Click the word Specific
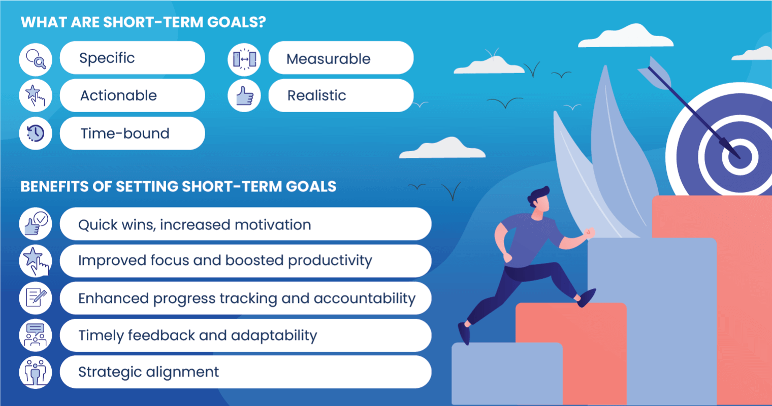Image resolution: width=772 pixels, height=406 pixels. pos(107,58)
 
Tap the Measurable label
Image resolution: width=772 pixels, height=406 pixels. pos(328,59)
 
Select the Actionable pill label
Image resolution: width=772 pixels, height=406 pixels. pos(118,95)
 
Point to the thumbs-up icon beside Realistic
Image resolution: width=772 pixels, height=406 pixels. pos(244,95)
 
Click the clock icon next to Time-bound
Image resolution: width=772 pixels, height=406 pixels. pos(36,133)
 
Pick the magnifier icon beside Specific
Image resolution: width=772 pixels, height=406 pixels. pos(36,59)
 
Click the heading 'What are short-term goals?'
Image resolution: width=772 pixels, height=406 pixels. pos(143,22)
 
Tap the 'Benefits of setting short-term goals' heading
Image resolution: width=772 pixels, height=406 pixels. pos(178,186)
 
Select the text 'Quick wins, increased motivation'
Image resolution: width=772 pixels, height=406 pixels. pos(195,224)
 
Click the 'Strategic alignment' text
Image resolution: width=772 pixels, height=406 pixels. pos(148,372)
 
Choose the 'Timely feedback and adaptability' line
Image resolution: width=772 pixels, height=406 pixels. pos(198,335)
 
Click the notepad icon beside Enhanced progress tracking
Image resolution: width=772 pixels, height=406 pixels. pos(36,297)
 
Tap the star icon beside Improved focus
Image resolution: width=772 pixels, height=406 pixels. pos(36,260)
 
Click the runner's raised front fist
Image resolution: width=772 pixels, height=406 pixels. pos(589,233)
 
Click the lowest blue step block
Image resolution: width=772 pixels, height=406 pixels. pos(506,373)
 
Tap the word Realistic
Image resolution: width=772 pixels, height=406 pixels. pos(316,95)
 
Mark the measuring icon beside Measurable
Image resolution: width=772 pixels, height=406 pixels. pos(244,59)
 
